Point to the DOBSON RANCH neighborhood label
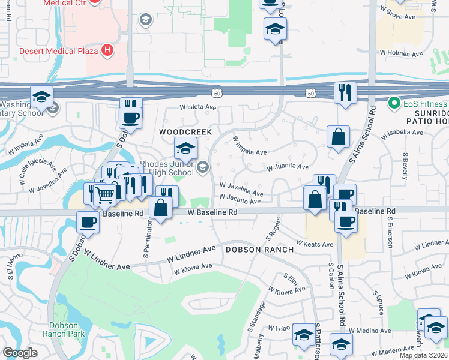260,249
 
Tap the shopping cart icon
105,194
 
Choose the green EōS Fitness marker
394,103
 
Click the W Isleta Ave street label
198,107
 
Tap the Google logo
20,353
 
